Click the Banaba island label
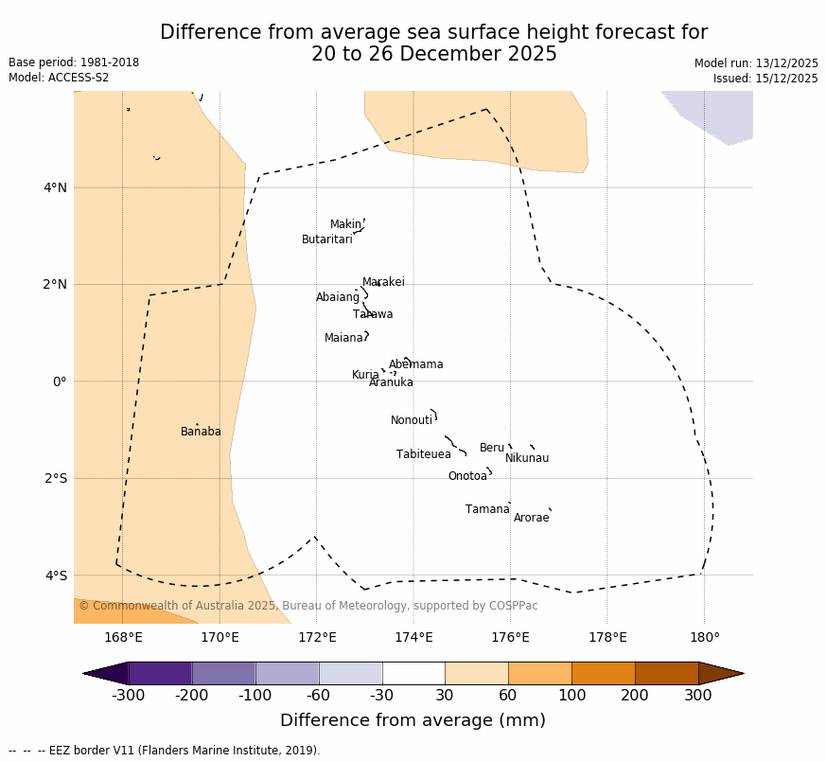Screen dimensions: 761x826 pos(201,432)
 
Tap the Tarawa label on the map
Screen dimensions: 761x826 pos(373,314)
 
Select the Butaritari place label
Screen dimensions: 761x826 pos(326,239)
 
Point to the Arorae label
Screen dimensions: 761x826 pos(531,518)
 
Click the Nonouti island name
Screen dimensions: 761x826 pos(411,420)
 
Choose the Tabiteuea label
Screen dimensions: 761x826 pos(423,454)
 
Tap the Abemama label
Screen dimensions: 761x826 pos(415,364)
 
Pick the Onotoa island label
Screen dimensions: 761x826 pos(467,476)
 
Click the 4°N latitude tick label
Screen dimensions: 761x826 pos(55,187)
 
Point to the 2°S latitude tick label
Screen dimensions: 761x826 pos(55,478)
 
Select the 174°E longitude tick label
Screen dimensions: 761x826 pos(413,637)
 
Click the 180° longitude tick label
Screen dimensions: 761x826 pos(704,637)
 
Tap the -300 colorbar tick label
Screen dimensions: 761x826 pos(128,696)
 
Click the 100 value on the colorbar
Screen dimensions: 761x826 pos(571,696)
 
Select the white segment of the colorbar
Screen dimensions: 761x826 pos(413,673)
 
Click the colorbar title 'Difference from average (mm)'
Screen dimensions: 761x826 pos(413,720)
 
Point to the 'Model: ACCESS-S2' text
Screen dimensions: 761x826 pos(59,78)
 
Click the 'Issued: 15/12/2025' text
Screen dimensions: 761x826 pos(764,79)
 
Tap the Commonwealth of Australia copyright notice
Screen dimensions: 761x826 pos(308,606)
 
